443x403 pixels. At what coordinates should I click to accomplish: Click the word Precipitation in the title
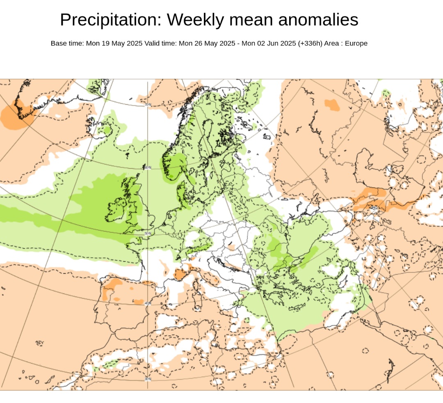[111, 20]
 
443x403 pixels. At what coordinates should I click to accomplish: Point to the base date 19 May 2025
[121, 44]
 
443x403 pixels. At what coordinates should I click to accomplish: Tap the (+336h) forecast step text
[310, 44]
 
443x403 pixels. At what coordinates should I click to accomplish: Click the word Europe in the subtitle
[356, 44]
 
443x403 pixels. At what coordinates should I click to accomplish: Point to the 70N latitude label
[148, 105]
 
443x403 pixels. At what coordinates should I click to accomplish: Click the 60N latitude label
[148, 167]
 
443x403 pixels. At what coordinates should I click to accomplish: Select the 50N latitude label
[148, 234]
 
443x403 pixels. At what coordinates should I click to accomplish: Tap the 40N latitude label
[148, 303]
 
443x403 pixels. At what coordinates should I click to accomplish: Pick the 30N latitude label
[148, 379]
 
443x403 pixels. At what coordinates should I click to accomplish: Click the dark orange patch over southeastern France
[179, 274]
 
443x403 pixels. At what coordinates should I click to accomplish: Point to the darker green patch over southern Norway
[174, 166]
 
